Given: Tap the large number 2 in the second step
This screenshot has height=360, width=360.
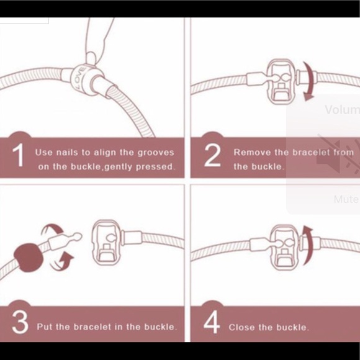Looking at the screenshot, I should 212,156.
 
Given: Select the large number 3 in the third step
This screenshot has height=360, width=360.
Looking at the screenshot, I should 20,323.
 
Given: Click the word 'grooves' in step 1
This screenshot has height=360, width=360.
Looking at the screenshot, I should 154,152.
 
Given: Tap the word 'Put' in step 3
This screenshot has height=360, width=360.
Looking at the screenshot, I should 43,326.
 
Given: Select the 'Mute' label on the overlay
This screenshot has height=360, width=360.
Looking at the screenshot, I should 345,199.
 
